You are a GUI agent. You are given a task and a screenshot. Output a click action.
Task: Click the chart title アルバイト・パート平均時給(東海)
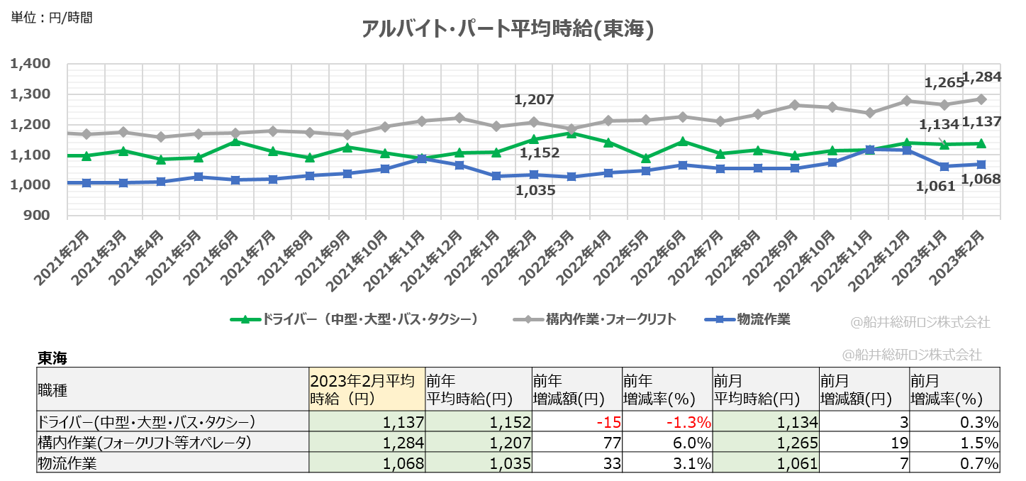(507, 29)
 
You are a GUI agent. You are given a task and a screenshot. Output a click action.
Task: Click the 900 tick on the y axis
(37, 216)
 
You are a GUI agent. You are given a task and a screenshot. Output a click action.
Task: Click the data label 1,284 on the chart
(981, 76)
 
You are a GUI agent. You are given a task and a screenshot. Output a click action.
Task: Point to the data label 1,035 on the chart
(535, 190)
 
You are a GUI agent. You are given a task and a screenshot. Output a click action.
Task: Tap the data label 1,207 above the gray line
(534, 100)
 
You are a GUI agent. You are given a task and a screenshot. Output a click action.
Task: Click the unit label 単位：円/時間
(51, 18)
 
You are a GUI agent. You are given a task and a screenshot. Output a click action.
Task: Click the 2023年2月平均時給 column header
(366, 389)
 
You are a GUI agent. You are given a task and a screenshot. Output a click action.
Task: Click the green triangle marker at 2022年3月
(571, 133)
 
